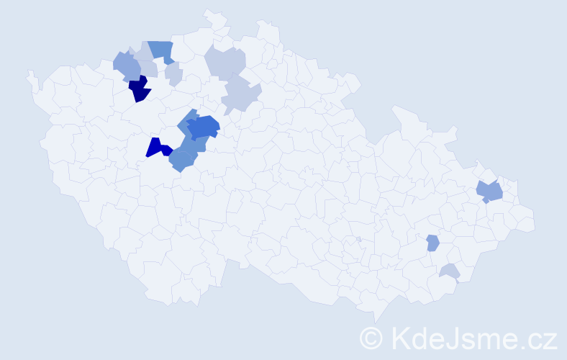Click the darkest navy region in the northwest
coord(140,89)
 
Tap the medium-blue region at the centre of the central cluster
coord(203,127)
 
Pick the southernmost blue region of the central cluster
coord(181,161)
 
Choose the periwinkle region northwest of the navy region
coord(127,66)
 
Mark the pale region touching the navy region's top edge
coord(148,69)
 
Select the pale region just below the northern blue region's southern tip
coord(173,73)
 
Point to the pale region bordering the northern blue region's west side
coord(143,53)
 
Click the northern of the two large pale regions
coord(225,62)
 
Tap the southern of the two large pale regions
coord(240,95)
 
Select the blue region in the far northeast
coord(490,191)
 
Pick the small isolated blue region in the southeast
coord(432,243)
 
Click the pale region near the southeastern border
coord(450,271)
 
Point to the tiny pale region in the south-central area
coord(358,240)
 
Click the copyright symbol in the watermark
coord(372,337)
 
